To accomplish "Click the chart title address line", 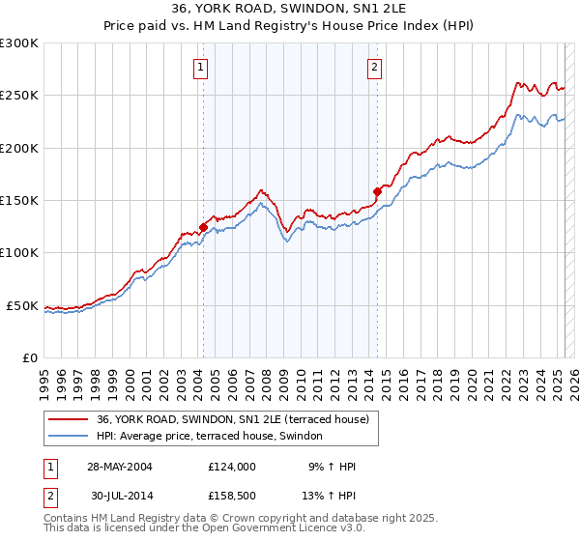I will (289, 10).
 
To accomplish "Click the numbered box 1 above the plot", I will (200, 67).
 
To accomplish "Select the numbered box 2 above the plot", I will (373, 67).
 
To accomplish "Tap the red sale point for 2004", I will (203, 228).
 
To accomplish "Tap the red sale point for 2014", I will (377, 191).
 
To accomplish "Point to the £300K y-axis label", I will (19, 43).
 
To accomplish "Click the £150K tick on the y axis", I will (19, 201).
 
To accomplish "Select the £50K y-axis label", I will (23, 305).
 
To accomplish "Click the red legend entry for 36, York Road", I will (233, 420).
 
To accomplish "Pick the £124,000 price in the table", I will (231, 467).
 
